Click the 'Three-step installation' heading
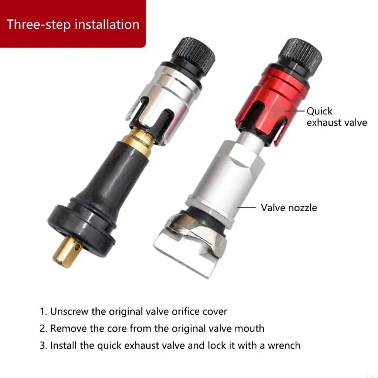(x=73, y=24)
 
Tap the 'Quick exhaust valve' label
(x=336, y=117)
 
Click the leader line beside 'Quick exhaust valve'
(x=294, y=112)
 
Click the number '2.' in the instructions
(x=43, y=328)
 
